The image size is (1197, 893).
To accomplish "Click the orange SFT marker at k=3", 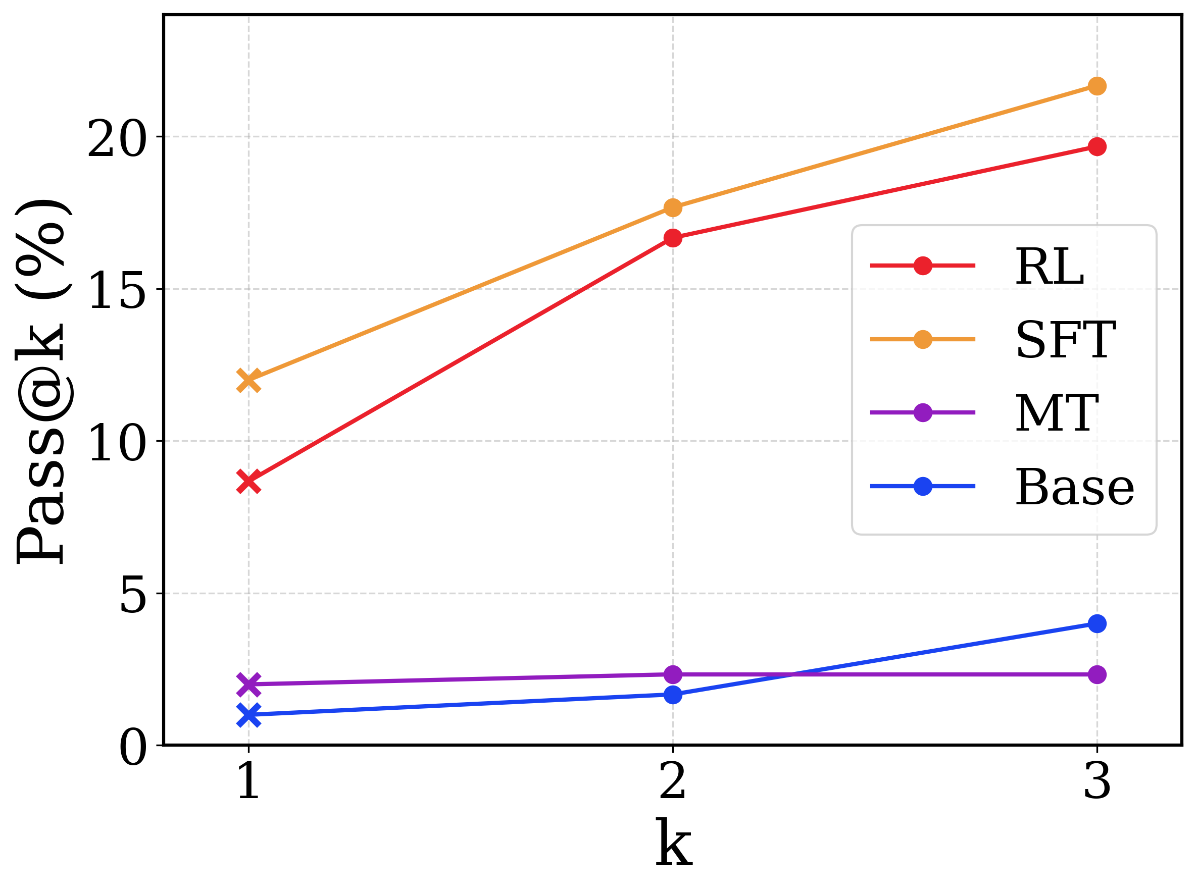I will tap(1096, 86).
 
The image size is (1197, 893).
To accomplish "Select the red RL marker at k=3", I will tap(1096, 146).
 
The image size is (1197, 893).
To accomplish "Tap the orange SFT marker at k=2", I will tap(672, 207).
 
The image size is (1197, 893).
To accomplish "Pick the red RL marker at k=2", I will tap(672, 238).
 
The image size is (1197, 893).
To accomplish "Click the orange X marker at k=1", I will tap(249, 381).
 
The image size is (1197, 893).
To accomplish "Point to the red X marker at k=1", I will tap(249, 482).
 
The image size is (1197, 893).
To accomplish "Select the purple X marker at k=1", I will tap(249, 685).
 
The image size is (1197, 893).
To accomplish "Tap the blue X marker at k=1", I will tap(249, 715).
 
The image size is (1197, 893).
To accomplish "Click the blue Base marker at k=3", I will tap(1096, 623).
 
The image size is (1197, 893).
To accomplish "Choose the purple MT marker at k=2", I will tap(672, 674).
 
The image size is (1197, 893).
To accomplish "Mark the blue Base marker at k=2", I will tap(672, 695).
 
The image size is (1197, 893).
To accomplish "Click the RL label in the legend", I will tap(1050, 267).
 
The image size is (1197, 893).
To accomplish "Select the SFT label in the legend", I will tap(1065, 340).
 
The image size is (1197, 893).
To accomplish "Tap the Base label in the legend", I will tap(1074, 488).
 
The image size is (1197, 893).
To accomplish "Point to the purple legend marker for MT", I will tap(922, 412).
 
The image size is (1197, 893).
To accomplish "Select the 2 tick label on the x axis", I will tap(672, 781).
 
